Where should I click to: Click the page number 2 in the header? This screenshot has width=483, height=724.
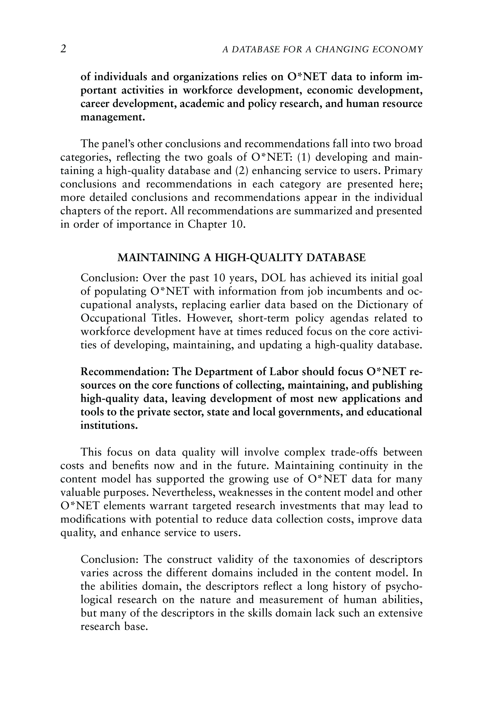(x=63, y=49)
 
